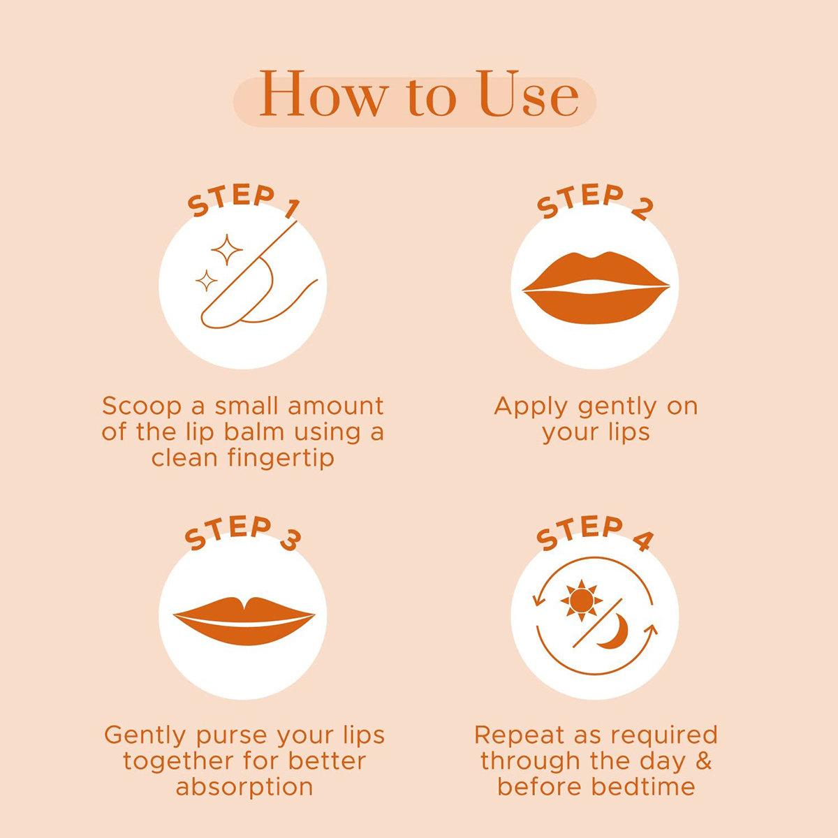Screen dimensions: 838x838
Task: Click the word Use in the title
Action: (x=529, y=96)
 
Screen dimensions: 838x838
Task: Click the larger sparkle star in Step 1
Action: (x=227, y=249)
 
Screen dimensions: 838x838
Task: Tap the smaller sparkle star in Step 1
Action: (x=206, y=281)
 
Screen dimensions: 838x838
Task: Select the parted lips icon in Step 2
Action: (x=596, y=287)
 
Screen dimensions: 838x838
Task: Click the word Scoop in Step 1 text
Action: (x=142, y=406)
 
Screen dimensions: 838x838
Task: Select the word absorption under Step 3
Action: (x=244, y=788)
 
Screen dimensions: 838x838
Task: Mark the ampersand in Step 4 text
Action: (x=703, y=761)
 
